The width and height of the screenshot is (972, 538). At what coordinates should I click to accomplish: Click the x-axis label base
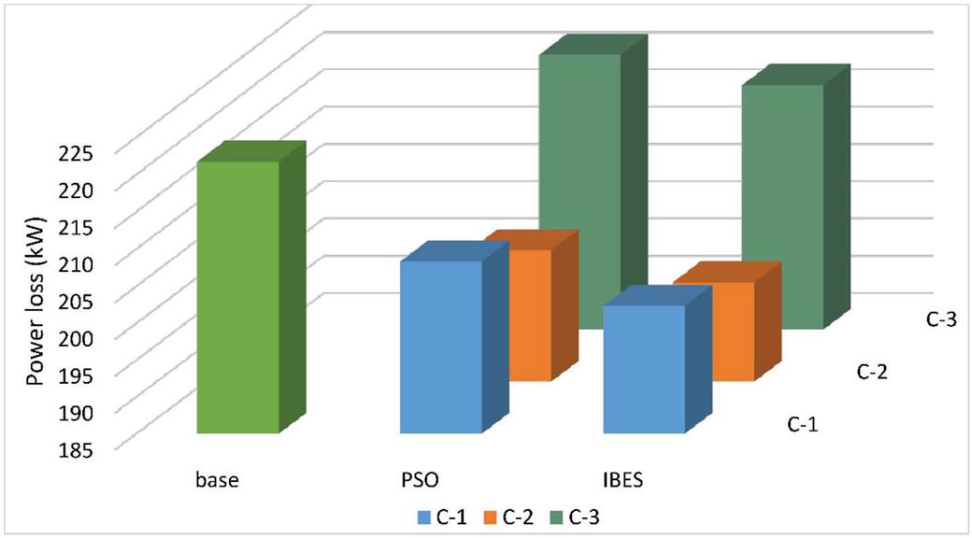point(217,481)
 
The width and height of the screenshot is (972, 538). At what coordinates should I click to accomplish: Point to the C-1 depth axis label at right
point(803,425)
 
